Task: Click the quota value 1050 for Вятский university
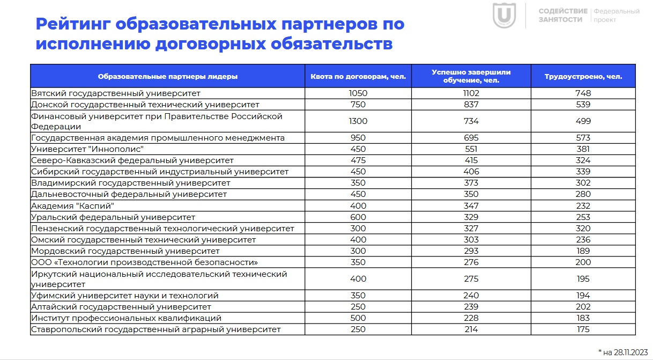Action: click(x=358, y=93)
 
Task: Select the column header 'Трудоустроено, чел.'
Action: click(x=583, y=76)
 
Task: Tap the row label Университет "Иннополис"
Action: click(x=87, y=149)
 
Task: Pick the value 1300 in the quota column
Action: click(x=358, y=121)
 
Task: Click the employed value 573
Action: click(x=583, y=138)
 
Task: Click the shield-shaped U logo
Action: click(x=504, y=16)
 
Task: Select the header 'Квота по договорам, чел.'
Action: click(x=358, y=76)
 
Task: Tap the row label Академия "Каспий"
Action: click(x=73, y=205)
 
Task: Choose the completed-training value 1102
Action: click(x=471, y=93)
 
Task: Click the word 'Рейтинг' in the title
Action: click(x=71, y=24)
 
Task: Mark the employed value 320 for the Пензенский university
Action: click(x=583, y=228)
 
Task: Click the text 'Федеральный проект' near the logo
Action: click(x=616, y=15)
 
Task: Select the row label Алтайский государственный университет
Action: click(x=121, y=307)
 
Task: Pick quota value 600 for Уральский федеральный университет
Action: click(x=358, y=217)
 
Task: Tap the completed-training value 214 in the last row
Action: click(x=471, y=329)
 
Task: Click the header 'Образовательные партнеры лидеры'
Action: click(x=167, y=76)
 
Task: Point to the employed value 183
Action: click(x=583, y=318)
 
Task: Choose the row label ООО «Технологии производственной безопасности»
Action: click(x=145, y=262)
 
